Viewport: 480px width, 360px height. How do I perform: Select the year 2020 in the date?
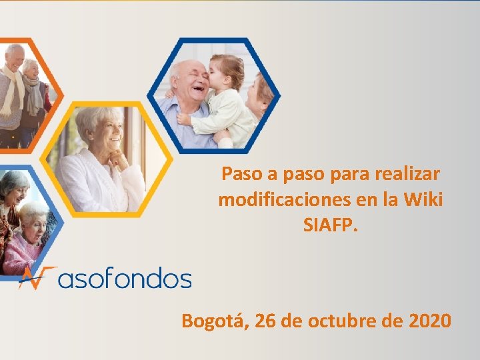[427, 321]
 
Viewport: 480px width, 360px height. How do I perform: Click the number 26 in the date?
[266, 321]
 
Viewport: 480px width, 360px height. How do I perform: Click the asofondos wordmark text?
[125, 279]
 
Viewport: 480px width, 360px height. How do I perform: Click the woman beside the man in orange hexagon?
[33, 90]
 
